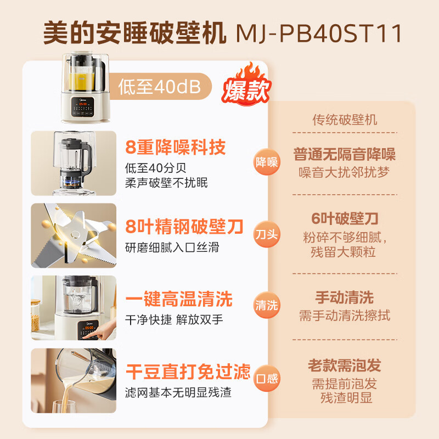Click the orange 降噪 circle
pos(267,162)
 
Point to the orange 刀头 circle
pos(267,234)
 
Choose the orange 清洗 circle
pos(267,306)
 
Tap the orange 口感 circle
pos(267,378)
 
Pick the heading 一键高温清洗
pos(179,299)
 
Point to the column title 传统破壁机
pos(345,120)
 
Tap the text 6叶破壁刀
pos(345,218)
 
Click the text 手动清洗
pos(345,297)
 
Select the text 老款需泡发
pos(345,365)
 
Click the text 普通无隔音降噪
pos(345,154)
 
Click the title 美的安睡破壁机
pos(134,33)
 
